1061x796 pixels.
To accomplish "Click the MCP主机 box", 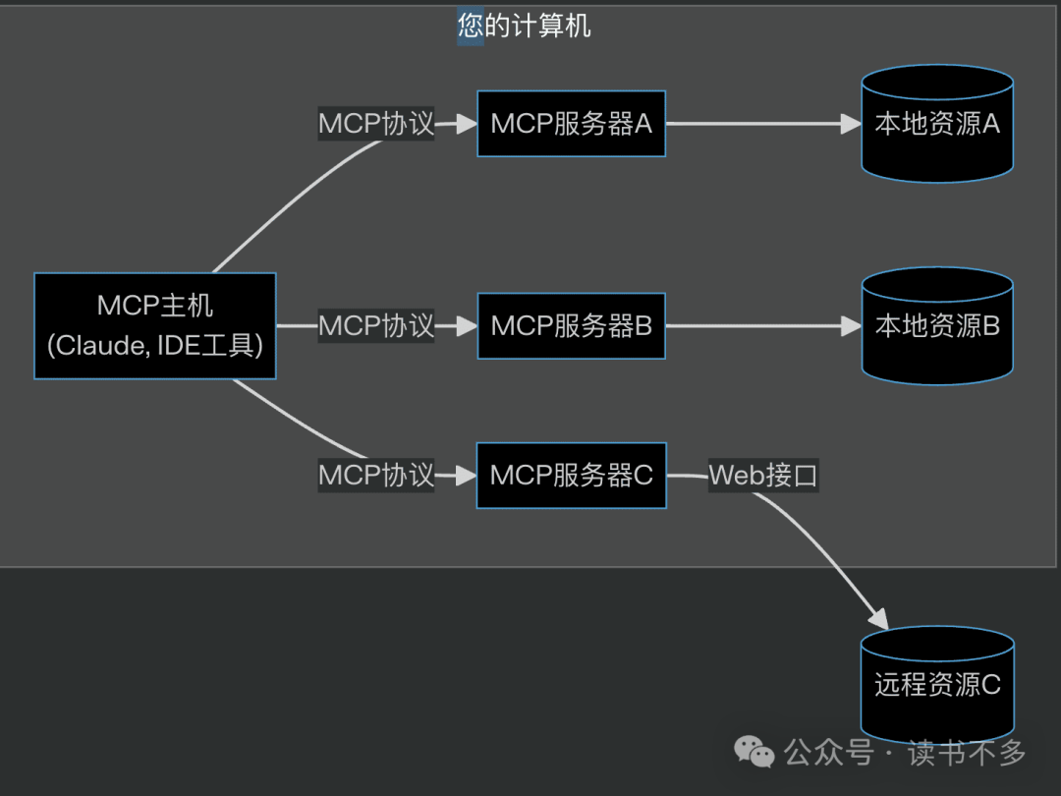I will coord(155,325).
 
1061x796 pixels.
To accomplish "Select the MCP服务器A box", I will coord(571,124).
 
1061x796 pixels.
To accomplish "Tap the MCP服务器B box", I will coord(571,325).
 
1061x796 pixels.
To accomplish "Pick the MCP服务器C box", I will coord(571,476).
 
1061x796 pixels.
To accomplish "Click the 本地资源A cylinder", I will coord(937,124).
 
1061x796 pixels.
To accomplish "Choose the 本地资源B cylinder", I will coord(937,325).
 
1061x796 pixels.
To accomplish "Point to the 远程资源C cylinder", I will coord(937,685).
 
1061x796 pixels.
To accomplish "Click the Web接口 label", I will coord(763,476).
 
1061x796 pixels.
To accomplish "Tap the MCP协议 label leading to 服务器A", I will coord(376,124).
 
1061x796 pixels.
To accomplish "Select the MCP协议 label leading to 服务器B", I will coord(376,325).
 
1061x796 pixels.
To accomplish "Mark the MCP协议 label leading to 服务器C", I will coord(376,476).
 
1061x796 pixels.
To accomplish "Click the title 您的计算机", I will coord(525,26).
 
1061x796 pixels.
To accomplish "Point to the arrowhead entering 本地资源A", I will coord(851,124).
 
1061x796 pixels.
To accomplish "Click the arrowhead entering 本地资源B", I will coord(851,325).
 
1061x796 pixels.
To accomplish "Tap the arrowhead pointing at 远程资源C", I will coord(877,619).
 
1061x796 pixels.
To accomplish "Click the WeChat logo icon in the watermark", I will coord(755,754).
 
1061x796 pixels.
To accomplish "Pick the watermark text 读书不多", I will coord(967,754).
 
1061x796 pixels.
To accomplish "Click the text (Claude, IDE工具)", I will coord(155,345).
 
